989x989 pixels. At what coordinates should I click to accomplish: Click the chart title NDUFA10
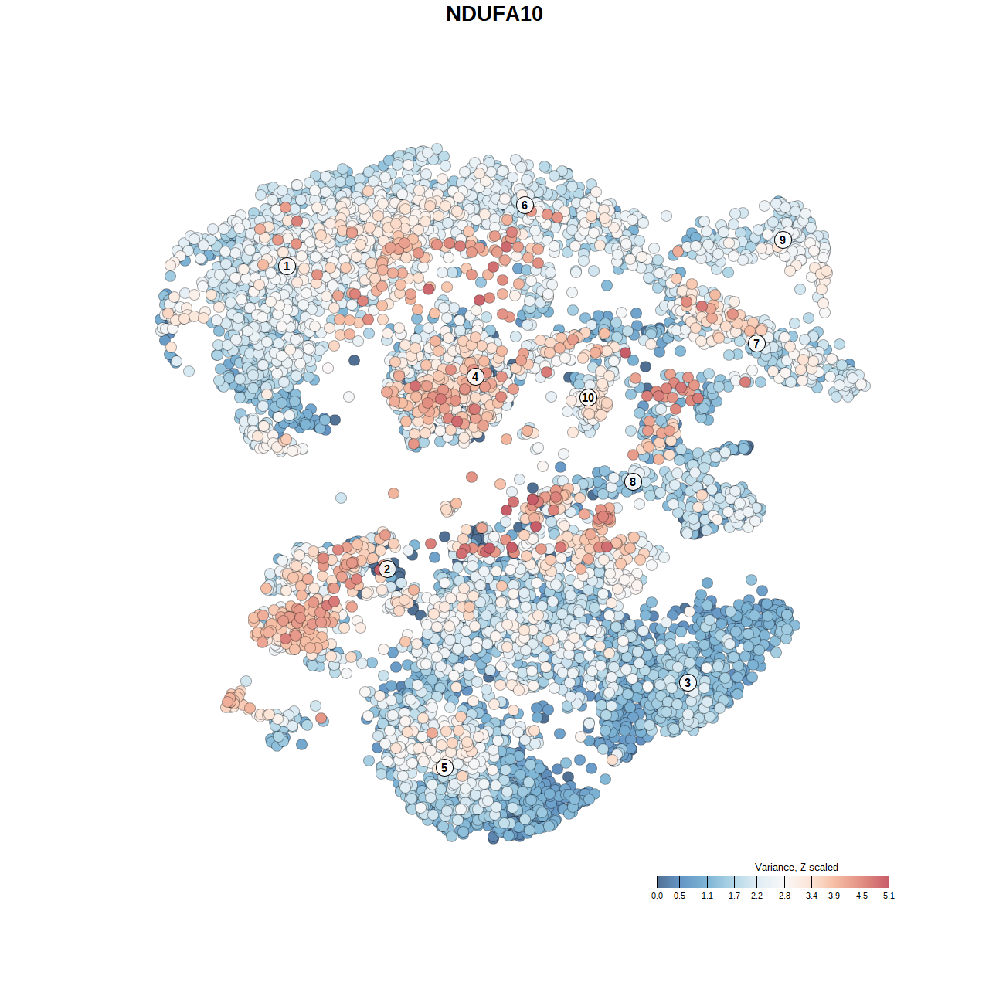[x=494, y=14]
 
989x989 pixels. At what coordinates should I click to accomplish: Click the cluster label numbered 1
[x=287, y=266]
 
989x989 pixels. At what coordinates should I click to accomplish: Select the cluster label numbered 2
[x=387, y=569]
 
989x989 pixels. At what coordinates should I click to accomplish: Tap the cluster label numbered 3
[x=688, y=682]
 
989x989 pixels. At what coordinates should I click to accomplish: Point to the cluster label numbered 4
[x=475, y=376]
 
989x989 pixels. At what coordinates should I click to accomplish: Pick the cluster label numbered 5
[x=444, y=767]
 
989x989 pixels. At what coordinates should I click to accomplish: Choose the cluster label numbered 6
[x=525, y=205]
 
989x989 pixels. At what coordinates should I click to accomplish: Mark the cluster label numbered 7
[x=756, y=343]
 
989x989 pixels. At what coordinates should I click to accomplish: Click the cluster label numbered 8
[x=633, y=481]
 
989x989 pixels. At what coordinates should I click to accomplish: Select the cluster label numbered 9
[x=783, y=240]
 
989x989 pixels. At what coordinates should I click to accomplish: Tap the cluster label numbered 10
[x=588, y=397]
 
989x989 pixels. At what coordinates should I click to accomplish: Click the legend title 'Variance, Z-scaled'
[x=796, y=867]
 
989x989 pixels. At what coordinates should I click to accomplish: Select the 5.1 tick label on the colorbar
[x=889, y=896]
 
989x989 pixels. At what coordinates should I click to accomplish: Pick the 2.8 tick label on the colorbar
[x=784, y=896]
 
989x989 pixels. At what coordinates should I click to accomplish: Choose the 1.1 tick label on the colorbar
[x=707, y=896]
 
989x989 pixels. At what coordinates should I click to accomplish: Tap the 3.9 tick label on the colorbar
[x=834, y=896]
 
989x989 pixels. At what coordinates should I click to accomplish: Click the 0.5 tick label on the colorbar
[x=679, y=896]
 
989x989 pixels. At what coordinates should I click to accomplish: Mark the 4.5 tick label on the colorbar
[x=862, y=896]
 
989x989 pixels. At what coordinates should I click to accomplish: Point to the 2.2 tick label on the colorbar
[x=756, y=896]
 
